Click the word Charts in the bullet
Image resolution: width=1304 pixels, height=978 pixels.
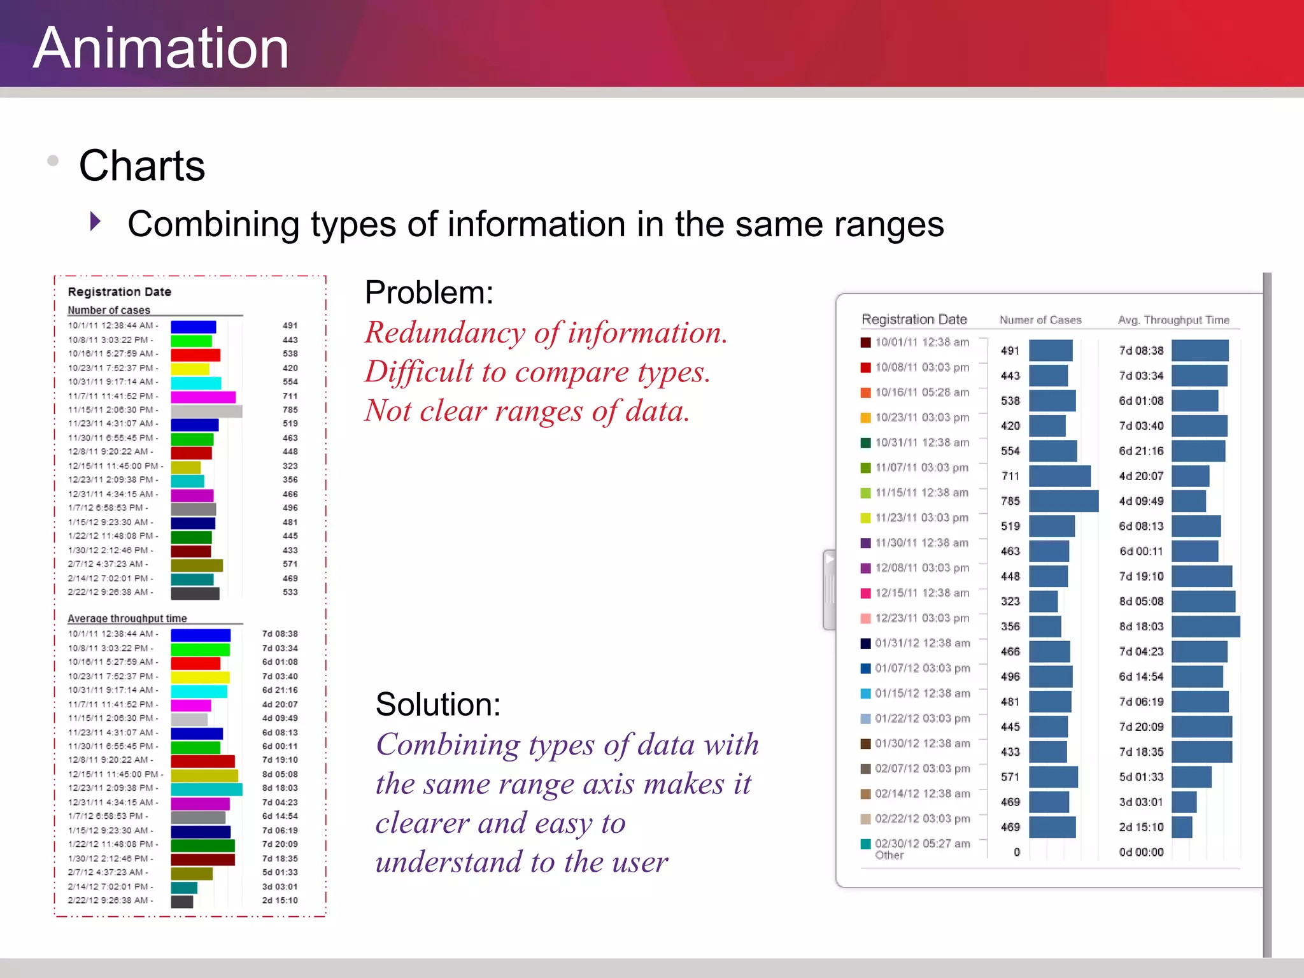(141, 166)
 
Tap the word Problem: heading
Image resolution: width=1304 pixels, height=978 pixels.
(429, 293)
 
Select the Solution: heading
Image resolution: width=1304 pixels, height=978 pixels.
(438, 704)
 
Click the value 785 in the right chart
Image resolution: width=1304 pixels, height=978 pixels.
(1010, 501)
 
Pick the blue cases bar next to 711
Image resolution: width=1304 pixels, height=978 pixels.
(1059, 476)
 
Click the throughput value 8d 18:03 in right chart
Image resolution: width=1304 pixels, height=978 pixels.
(1141, 627)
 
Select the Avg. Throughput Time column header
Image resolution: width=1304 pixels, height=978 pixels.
(1173, 320)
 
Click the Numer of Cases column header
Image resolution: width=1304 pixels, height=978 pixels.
(1040, 320)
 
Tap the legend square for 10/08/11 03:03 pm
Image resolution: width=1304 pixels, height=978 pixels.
(865, 367)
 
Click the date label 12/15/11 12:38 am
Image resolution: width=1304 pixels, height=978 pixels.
(921, 593)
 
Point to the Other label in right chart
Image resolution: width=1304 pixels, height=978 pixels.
(889, 855)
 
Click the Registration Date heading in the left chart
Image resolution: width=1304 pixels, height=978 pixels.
(119, 292)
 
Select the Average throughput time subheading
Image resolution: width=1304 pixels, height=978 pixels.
(127, 618)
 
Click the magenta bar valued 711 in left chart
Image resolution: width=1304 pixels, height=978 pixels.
(203, 397)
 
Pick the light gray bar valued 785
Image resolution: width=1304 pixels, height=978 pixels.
(206, 411)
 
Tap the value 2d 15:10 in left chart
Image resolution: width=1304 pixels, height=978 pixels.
(280, 900)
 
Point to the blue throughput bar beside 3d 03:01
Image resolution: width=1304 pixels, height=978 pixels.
(1184, 802)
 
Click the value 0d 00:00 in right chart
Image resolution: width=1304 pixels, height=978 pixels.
(1141, 852)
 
